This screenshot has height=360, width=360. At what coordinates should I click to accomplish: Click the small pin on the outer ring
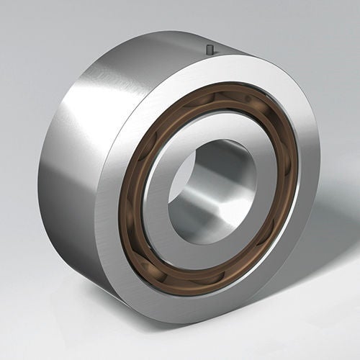point(210,50)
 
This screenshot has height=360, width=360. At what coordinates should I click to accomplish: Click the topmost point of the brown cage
point(220,87)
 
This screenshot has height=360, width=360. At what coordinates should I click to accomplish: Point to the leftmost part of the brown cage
point(123,194)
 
